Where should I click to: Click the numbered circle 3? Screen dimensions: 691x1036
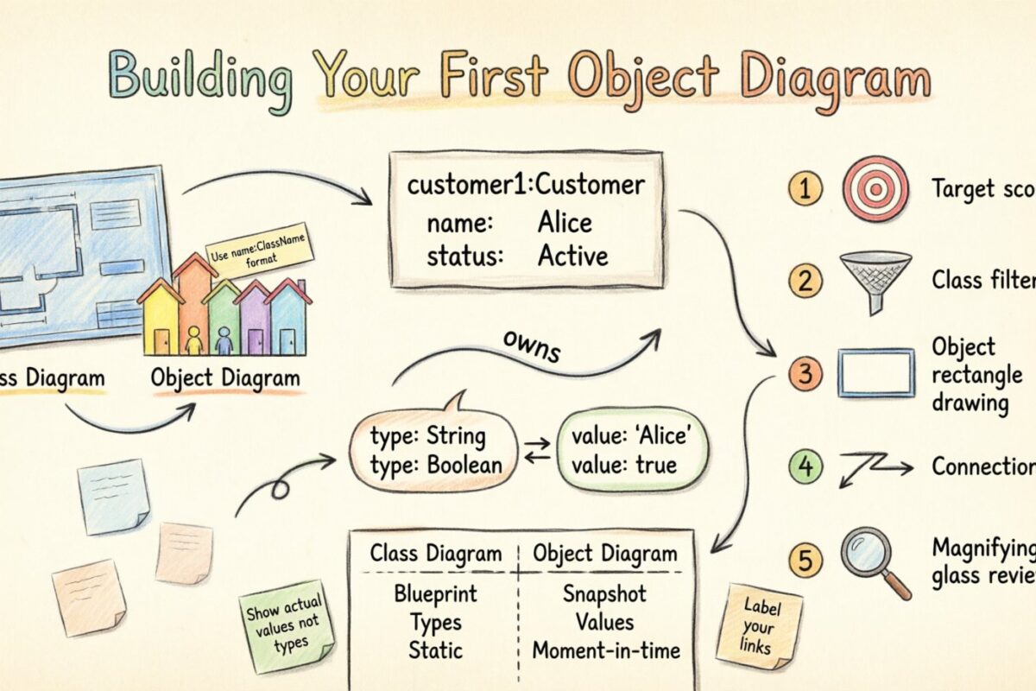[805, 374]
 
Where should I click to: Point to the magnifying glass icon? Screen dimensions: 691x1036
[870, 557]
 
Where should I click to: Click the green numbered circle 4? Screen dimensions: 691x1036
[805, 467]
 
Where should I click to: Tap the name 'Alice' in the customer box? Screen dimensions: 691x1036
[565, 223]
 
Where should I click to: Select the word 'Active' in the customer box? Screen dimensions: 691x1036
[572, 256]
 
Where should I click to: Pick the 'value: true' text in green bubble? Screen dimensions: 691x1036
[624, 466]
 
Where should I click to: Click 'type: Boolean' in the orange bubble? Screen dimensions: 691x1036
[435, 465]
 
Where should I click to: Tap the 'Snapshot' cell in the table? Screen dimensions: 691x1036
[604, 594]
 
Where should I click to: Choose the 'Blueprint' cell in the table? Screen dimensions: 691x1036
[435, 594]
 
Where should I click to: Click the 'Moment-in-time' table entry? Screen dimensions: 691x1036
[605, 650]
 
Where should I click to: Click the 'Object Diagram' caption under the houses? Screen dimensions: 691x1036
[225, 377]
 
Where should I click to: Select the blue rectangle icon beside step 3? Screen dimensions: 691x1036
[875, 372]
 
